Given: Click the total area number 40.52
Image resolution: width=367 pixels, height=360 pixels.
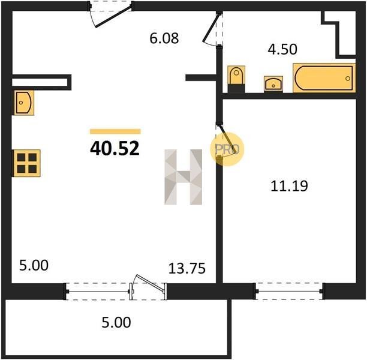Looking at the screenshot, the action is pos(115,149).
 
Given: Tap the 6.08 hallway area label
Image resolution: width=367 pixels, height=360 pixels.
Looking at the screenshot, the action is pos(164,38).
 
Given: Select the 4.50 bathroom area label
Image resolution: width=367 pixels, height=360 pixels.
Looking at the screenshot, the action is pos(282,49).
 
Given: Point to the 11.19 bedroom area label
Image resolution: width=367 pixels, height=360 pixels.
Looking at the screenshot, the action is pos(289,186).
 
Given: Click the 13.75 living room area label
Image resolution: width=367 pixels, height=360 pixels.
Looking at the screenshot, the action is pos(186,268).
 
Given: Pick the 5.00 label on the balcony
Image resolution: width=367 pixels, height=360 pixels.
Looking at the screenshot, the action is pos(116,322).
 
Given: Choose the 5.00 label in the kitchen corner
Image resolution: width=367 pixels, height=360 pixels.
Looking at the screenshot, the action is pos(34,266).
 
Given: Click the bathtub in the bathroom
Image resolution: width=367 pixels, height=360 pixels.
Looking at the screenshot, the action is pos(324,78).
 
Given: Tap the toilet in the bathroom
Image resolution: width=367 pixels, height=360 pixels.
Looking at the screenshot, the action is pos(236,79).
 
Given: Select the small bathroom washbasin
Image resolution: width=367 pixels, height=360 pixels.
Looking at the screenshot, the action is pos(273,84).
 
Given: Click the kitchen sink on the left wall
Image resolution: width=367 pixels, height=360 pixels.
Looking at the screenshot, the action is pos(24,103).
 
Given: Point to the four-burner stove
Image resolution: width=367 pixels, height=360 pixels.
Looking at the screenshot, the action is pos(26,163).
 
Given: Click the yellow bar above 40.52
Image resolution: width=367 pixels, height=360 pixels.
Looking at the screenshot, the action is pos(115,131).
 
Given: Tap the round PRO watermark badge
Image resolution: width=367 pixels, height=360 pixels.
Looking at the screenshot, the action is pos(227,149).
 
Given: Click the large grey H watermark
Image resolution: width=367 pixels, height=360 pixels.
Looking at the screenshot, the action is pos(183,177).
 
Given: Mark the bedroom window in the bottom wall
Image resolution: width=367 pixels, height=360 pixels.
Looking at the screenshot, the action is pos(290,291).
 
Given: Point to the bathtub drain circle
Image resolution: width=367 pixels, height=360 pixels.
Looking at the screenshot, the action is pos(348,79).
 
